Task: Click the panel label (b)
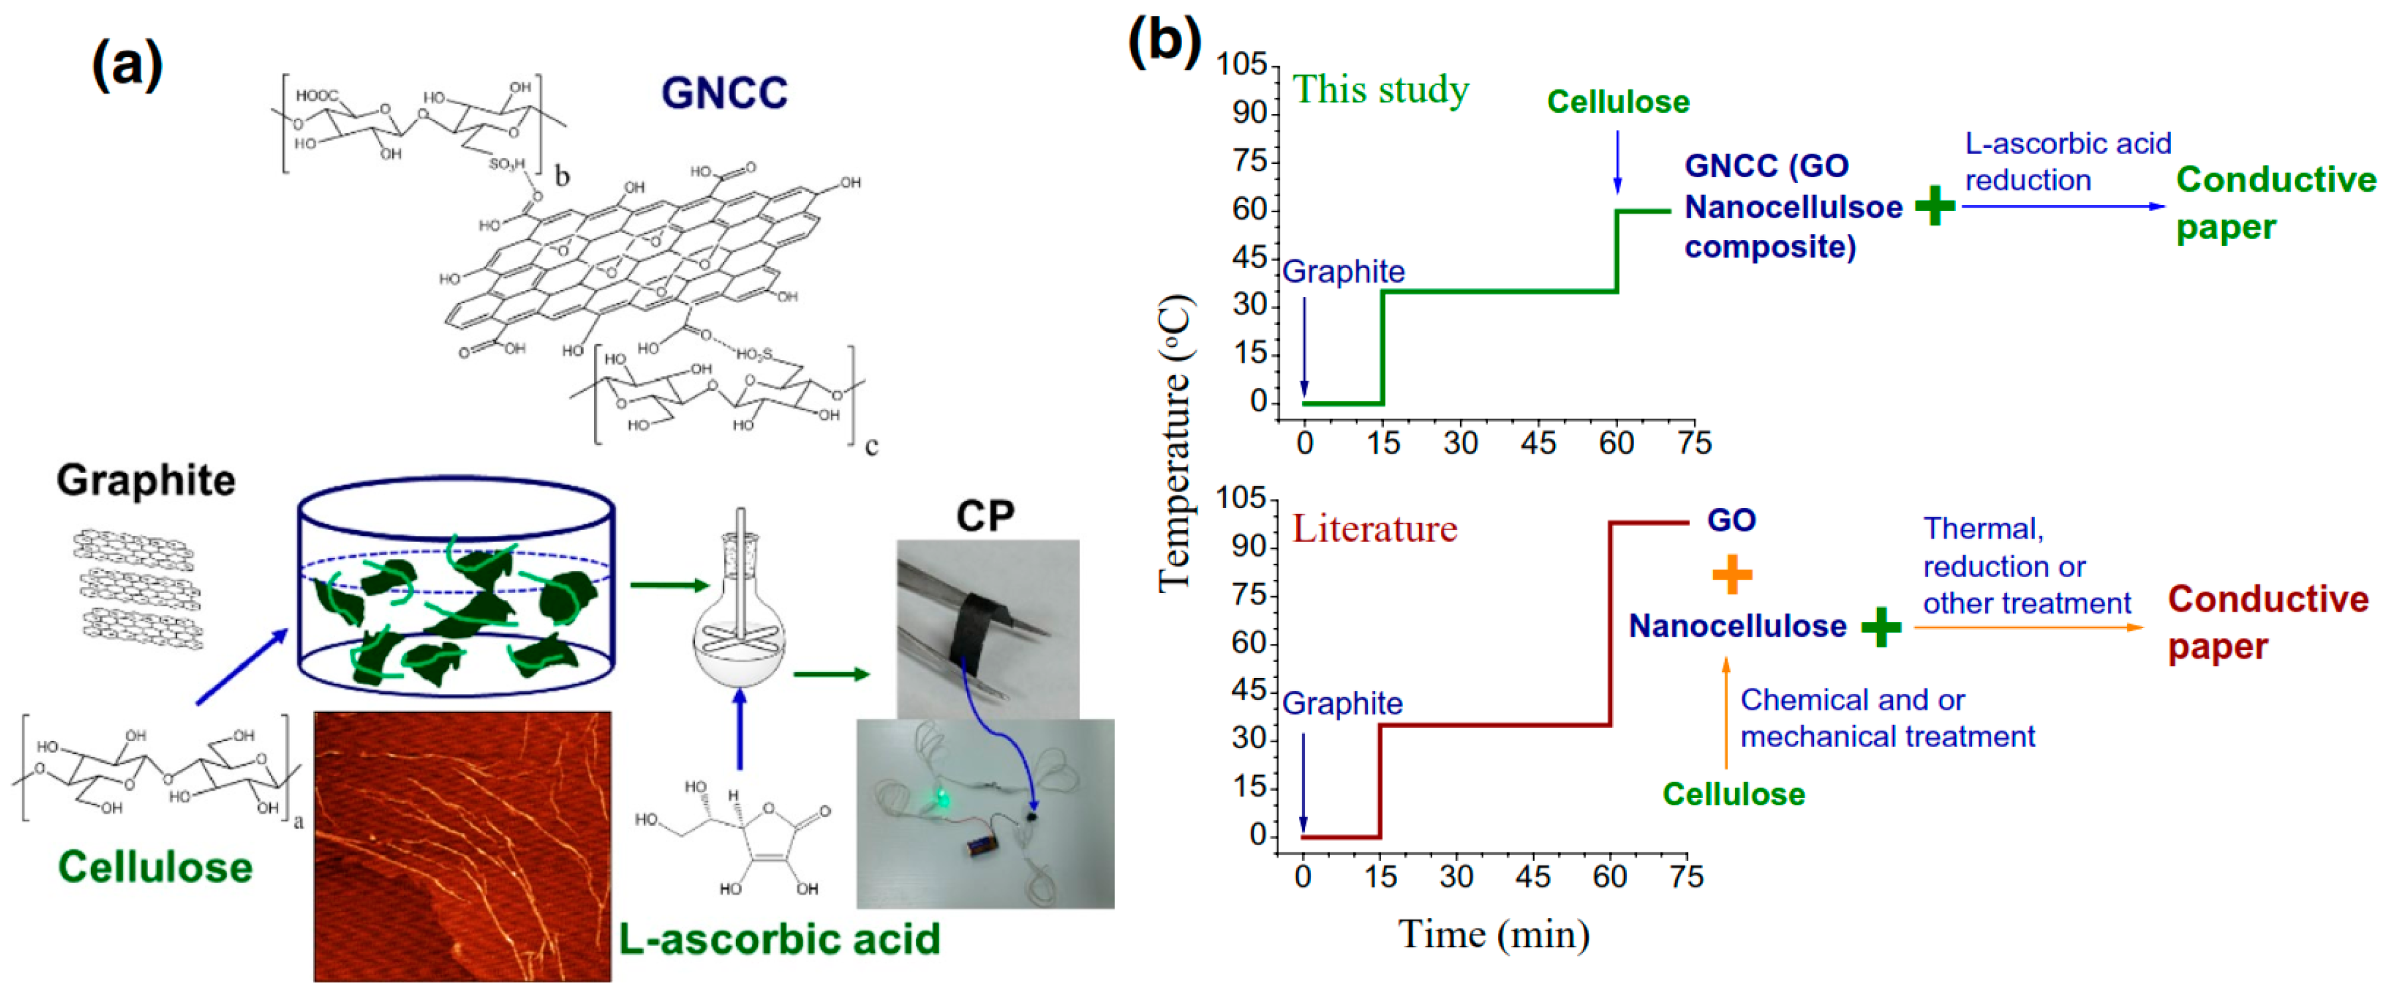[x=1163, y=41]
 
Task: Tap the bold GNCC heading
[x=724, y=93]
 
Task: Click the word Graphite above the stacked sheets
[x=146, y=480]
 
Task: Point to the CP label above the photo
[x=985, y=515]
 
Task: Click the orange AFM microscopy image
[x=462, y=845]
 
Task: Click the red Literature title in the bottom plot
[x=1374, y=529]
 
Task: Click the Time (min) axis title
[x=1493, y=933]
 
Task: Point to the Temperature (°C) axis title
[x=1173, y=444]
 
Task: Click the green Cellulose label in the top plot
[x=1617, y=101]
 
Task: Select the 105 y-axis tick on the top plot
[x=1242, y=64]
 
